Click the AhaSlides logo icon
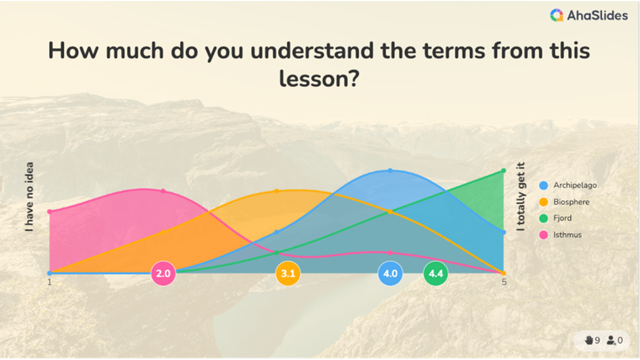click(556, 15)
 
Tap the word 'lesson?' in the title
click(319, 79)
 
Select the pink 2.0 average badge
click(163, 273)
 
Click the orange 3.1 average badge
click(288, 273)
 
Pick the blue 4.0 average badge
click(390, 273)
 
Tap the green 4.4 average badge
click(436, 273)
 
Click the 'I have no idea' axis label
click(29, 196)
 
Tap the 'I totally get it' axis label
click(521, 196)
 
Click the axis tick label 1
click(49, 282)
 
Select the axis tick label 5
click(504, 282)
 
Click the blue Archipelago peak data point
click(390, 170)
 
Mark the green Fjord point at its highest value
click(503, 170)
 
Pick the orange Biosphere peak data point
click(276, 191)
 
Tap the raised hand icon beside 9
click(589, 340)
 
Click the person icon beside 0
click(611, 340)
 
